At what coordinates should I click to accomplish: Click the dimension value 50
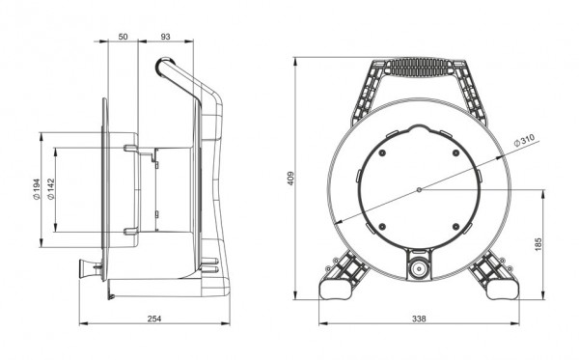[122, 36]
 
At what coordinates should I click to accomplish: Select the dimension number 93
[166, 36]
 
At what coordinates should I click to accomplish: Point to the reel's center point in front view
[418, 190]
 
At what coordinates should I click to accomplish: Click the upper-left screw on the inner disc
[384, 153]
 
